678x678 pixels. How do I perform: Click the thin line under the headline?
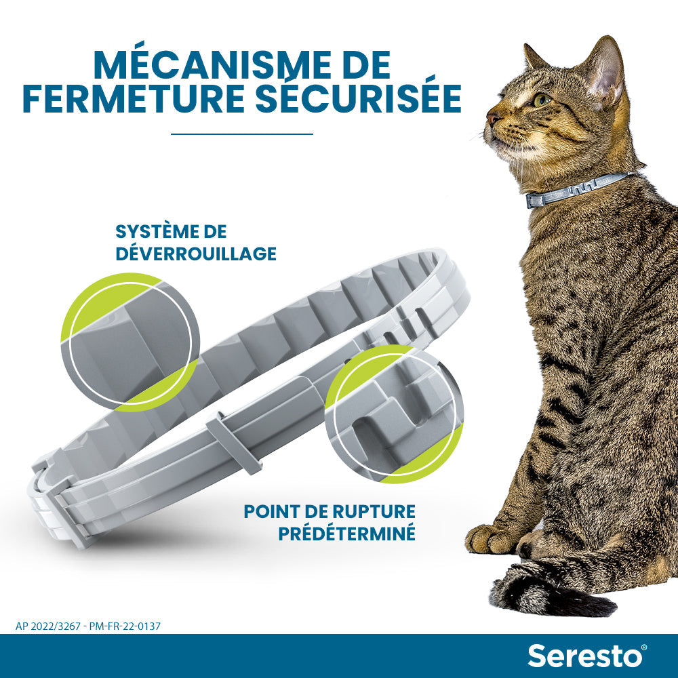[242, 134]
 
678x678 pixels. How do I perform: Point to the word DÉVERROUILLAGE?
[196, 254]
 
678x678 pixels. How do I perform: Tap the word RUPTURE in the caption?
[368, 511]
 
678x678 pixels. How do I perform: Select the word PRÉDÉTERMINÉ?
[346, 533]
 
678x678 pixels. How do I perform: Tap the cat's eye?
[541, 100]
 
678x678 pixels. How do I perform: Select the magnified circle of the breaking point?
[393, 414]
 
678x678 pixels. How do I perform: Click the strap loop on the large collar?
[234, 441]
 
